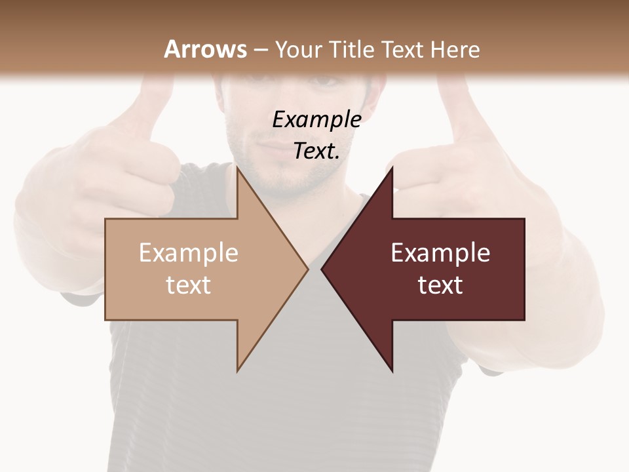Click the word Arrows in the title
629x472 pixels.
pos(206,49)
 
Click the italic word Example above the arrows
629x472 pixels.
pos(316,119)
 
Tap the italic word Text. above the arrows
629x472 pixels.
pos(316,151)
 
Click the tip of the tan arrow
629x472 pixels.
pos(307,269)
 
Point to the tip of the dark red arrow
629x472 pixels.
pos(322,269)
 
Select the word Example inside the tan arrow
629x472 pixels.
pos(188,253)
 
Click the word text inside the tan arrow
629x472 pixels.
pos(188,285)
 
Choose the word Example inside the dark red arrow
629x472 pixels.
pos(440,253)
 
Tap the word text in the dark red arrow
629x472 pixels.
pos(440,285)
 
